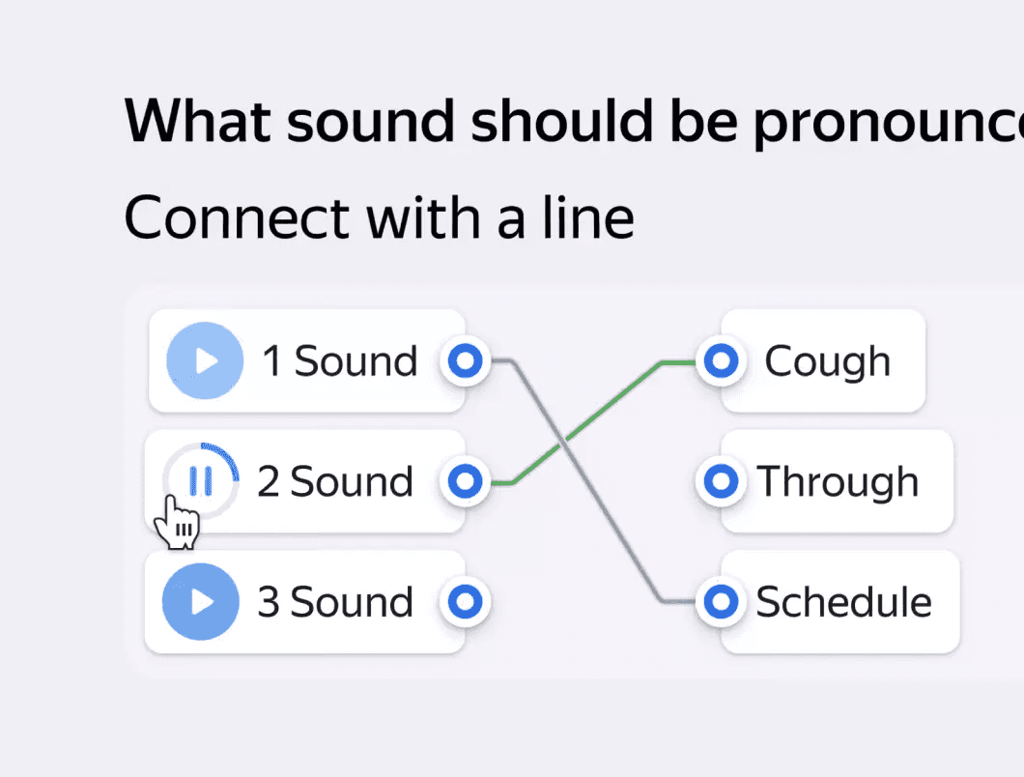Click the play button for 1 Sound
(x=204, y=361)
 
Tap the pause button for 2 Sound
(x=201, y=480)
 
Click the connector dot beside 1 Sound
(x=467, y=361)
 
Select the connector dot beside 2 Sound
(x=467, y=480)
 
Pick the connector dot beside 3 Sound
(x=467, y=601)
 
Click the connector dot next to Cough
(x=721, y=361)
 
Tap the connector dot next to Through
(x=721, y=480)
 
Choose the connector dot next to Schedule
(x=721, y=601)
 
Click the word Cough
(x=827, y=361)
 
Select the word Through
(x=838, y=480)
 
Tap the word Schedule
(x=843, y=601)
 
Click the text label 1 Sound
(x=340, y=361)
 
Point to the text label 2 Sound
(x=335, y=480)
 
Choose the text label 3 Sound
(x=335, y=601)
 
